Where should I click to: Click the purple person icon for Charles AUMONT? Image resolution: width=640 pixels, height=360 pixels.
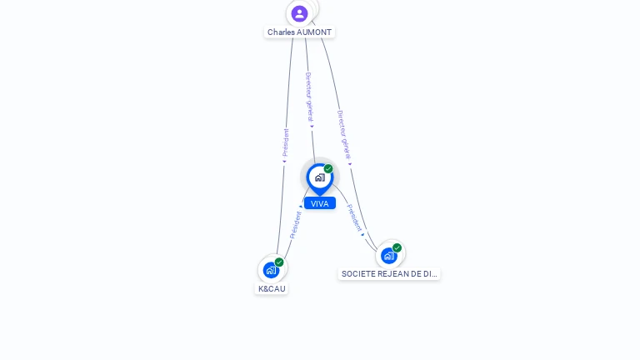pyautogui.click(x=299, y=13)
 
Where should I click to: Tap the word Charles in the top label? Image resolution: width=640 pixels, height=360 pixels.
pyautogui.click(x=282, y=32)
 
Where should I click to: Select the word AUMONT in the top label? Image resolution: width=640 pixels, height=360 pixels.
pyautogui.click(x=315, y=32)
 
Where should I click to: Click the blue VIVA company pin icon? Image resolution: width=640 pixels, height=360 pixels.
pyautogui.click(x=319, y=177)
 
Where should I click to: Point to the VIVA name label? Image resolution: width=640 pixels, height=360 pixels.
pyautogui.click(x=320, y=203)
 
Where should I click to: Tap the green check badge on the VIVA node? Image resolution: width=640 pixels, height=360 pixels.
pyautogui.click(x=328, y=169)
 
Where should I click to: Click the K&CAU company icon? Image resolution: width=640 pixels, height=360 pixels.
pyautogui.click(x=271, y=270)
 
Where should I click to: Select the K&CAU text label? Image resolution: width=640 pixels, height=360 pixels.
pyautogui.click(x=272, y=289)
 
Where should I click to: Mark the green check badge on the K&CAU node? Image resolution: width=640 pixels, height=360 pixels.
pyautogui.click(x=279, y=262)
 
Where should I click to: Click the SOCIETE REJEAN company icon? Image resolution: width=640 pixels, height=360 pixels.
pyautogui.click(x=388, y=255)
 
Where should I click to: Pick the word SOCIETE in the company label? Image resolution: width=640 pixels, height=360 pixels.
pyautogui.click(x=358, y=273)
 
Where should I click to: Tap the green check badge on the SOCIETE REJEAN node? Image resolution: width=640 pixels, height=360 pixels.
pyautogui.click(x=397, y=247)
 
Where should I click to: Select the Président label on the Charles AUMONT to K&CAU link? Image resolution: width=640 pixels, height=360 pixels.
pyautogui.click(x=286, y=142)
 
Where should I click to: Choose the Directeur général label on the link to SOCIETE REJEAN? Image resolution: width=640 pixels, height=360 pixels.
pyautogui.click(x=343, y=134)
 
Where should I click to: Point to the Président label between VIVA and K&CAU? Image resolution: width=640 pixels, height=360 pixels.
pyautogui.click(x=295, y=225)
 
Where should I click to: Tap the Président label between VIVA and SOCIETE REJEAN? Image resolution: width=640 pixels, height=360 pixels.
pyautogui.click(x=354, y=217)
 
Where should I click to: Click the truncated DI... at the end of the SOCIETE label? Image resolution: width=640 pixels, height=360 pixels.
pyautogui.click(x=430, y=273)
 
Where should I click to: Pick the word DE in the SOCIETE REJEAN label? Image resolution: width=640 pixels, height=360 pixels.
pyautogui.click(x=417, y=273)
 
